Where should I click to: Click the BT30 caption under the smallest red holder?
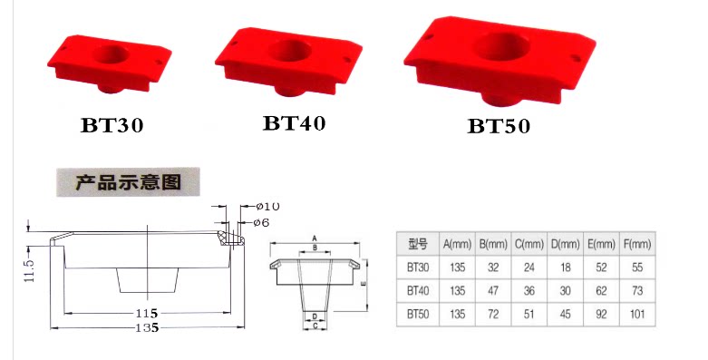pyautogui.click(x=112, y=125)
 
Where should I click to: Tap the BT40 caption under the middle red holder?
pyautogui.click(x=294, y=122)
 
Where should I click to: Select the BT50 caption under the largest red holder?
pyautogui.click(x=499, y=125)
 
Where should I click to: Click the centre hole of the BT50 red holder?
pyautogui.click(x=502, y=47)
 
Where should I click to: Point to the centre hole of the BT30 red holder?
pyautogui.click(x=112, y=54)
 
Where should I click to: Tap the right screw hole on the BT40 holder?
pyautogui.click(x=347, y=59)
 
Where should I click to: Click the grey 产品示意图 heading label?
pyautogui.click(x=128, y=181)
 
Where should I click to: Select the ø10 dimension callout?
pyautogui.click(x=267, y=207)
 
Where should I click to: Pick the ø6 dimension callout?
pyautogui.click(x=261, y=222)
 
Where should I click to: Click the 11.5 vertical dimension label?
pyautogui.click(x=30, y=270)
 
